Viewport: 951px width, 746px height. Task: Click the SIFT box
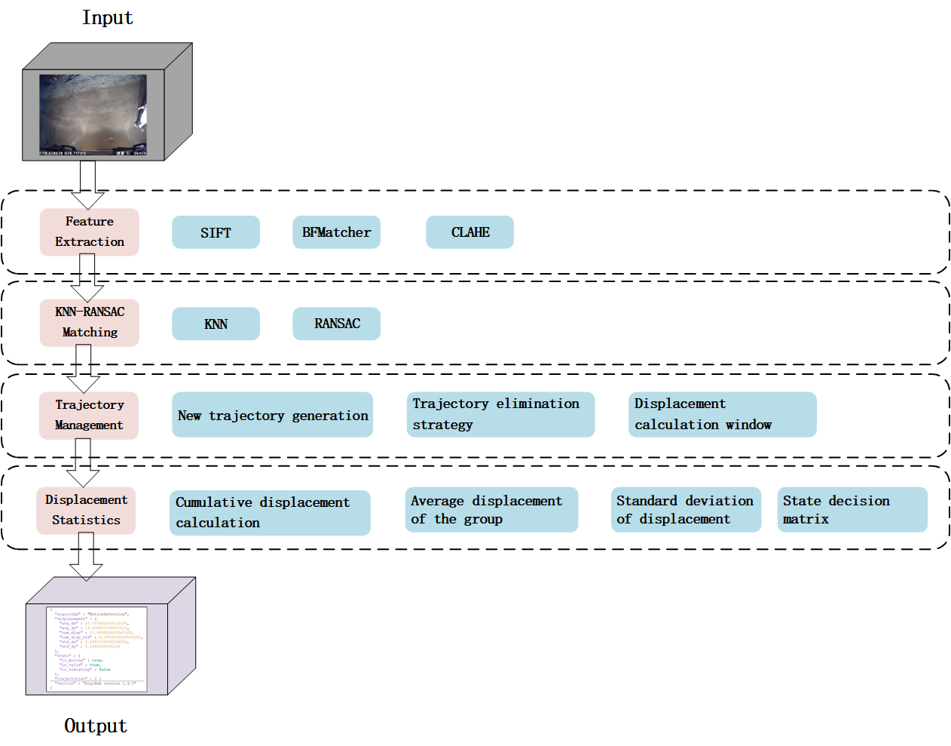pos(216,232)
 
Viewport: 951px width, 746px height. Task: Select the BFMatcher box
pos(336,232)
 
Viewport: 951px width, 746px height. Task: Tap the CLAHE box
pos(469,232)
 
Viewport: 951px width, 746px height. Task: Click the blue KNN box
pos(216,324)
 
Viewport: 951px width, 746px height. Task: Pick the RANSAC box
pos(336,324)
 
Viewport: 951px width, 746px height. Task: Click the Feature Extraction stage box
pos(89,232)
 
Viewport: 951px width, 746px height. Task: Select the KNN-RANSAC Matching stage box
pos(89,323)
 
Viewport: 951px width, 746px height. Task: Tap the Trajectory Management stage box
pos(89,415)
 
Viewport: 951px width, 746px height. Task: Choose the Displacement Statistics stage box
pos(86,510)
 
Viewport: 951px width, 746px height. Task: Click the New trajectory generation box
pos(272,415)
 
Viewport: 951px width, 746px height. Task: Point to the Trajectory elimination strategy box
pos(500,414)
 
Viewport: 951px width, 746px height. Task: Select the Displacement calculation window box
pos(722,414)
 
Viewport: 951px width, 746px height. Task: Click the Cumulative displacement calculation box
pos(270,513)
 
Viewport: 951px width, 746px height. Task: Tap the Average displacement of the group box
pos(491,510)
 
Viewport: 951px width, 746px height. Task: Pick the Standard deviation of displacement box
pos(686,510)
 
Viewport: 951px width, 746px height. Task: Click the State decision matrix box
pos(852,510)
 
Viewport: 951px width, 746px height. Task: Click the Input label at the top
pos(107,18)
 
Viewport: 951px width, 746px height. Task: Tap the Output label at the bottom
pos(95,726)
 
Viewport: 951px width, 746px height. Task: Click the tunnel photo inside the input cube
pos(93,115)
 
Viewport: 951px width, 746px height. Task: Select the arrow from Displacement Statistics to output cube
pos(86,557)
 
